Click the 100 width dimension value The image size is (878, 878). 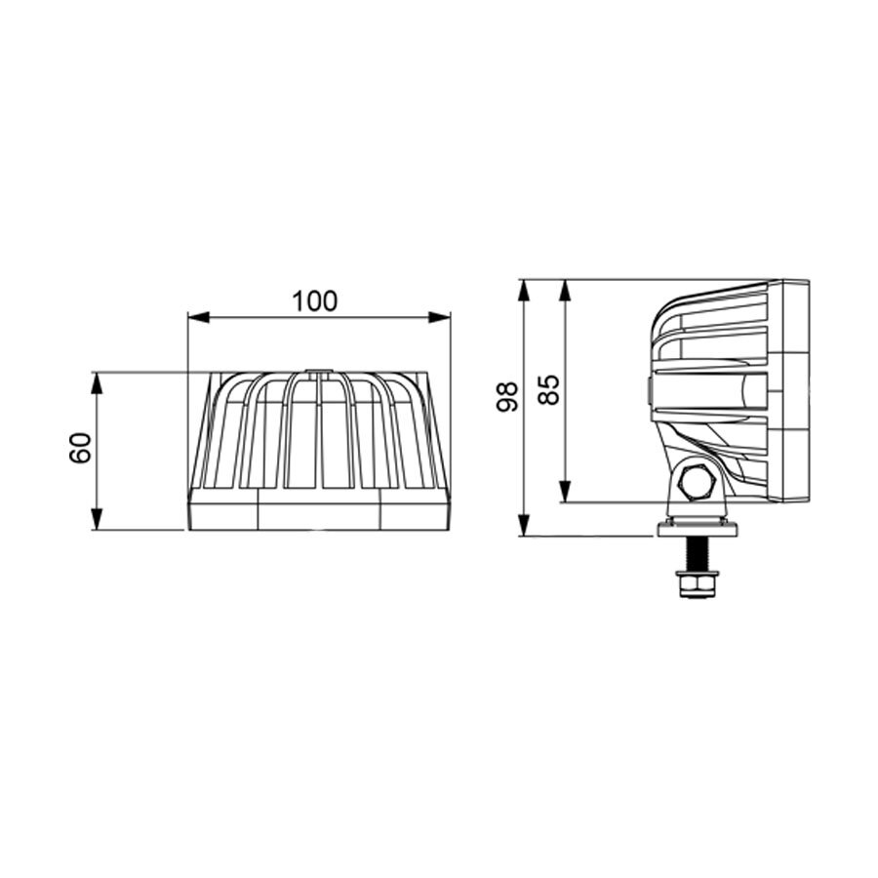click(314, 301)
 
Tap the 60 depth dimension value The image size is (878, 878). click(82, 450)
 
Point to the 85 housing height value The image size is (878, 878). click(549, 389)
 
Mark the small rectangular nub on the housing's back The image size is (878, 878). click(649, 391)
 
